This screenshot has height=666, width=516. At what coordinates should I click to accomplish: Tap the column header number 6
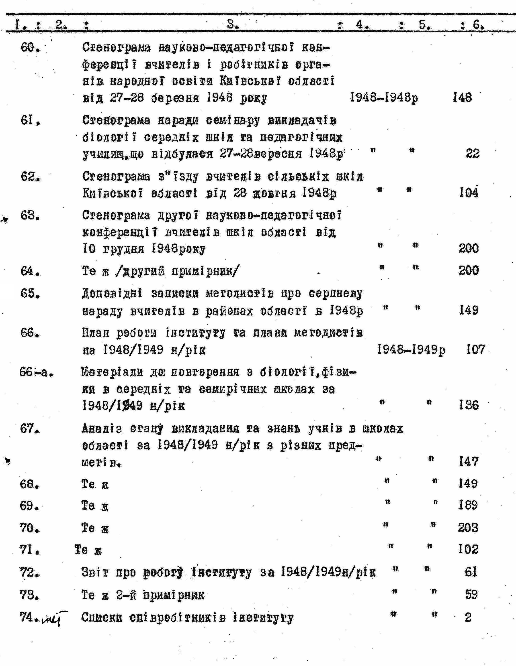[x=478, y=25]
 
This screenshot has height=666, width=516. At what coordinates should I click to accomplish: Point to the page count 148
[x=462, y=98]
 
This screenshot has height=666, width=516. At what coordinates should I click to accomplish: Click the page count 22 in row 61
[x=472, y=153]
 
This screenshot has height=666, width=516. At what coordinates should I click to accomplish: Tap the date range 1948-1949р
[x=411, y=349]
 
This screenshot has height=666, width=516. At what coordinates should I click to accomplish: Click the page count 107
[x=475, y=349]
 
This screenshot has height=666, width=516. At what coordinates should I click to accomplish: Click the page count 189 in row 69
[x=468, y=506]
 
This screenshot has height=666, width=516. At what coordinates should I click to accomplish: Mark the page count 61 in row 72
[x=471, y=572]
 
